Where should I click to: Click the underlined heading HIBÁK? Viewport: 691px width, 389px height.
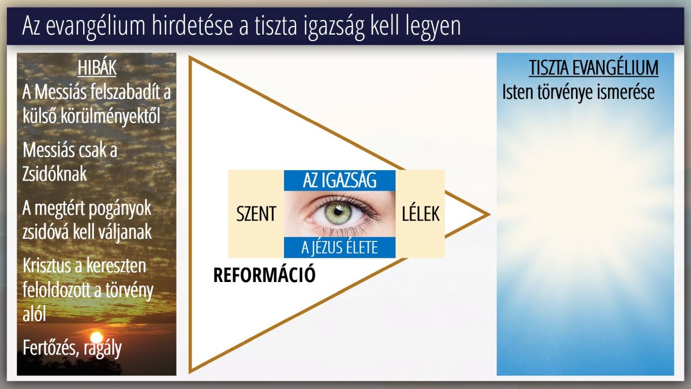(x=97, y=68)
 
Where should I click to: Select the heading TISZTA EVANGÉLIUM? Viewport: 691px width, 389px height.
(x=593, y=68)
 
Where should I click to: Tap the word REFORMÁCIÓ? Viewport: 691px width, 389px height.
(x=265, y=275)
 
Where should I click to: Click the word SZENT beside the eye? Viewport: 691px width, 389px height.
(x=256, y=213)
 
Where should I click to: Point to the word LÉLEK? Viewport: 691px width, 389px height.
(x=421, y=213)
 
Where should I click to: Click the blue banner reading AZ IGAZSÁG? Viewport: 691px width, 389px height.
(x=340, y=180)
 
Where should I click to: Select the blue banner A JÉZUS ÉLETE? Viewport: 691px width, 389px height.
(x=340, y=247)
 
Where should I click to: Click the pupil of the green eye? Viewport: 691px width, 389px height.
(x=338, y=212)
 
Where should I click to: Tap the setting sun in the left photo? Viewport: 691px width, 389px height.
(x=96, y=337)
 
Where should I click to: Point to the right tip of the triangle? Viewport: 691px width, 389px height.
(x=490, y=214)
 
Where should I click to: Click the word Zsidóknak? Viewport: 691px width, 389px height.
(x=55, y=174)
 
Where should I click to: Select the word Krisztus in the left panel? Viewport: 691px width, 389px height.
(x=46, y=265)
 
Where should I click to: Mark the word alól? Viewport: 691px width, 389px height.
(x=34, y=314)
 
